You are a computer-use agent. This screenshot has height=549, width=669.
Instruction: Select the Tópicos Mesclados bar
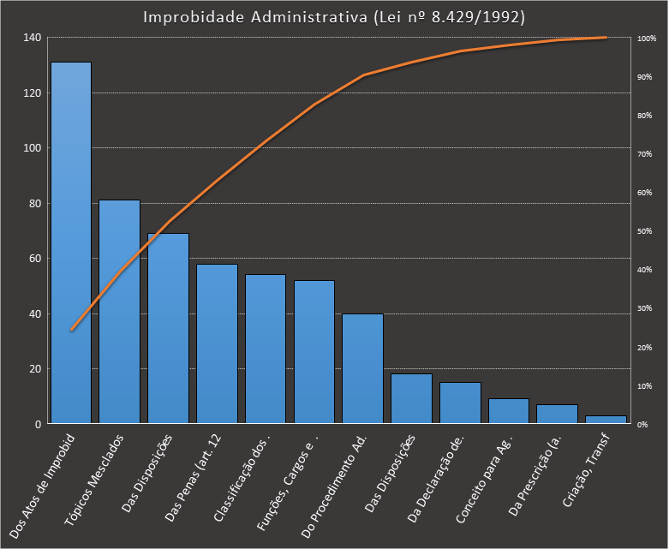coord(119,313)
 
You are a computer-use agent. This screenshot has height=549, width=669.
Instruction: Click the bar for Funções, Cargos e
coord(314,352)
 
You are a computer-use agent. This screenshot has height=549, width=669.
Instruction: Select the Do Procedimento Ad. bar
coord(362,369)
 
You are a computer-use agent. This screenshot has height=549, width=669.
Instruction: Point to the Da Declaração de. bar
coord(460,403)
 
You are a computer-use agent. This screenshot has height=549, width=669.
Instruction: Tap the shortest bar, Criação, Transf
coord(606,420)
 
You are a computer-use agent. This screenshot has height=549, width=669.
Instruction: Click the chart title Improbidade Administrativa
coord(334,18)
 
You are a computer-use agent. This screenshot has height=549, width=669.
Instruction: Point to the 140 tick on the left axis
coord(33,38)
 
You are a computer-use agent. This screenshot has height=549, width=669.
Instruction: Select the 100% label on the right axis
coord(647,39)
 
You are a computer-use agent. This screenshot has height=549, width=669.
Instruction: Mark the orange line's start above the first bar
coord(71,330)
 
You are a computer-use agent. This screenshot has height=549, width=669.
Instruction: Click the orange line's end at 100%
coord(606,38)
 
